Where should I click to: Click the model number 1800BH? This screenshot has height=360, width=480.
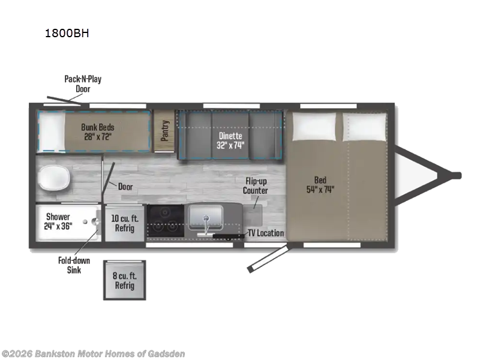click(67, 33)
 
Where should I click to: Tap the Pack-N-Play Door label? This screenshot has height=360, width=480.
click(83, 84)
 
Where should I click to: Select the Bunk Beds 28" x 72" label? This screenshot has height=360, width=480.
click(98, 131)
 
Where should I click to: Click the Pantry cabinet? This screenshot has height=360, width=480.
click(164, 131)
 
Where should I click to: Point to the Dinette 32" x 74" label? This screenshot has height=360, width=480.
click(230, 140)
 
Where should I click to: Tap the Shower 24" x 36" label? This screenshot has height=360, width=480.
click(58, 221)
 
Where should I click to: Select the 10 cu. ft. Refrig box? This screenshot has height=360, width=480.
click(124, 223)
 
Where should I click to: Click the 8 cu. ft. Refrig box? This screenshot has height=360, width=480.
click(124, 280)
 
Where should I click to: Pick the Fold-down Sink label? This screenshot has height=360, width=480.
click(74, 265)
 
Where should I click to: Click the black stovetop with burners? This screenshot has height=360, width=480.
click(166, 221)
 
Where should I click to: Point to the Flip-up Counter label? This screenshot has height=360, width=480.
click(256, 186)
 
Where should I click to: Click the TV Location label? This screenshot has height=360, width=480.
click(266, 233)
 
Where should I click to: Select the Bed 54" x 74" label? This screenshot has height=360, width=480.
click(320, 185)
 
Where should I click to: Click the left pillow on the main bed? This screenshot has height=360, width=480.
click(314, 127)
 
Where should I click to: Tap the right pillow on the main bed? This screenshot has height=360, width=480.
click(364, 127)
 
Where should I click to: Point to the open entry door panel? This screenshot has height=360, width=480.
click(268, 257)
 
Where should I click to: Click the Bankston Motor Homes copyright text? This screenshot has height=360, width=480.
click(94, 354)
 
